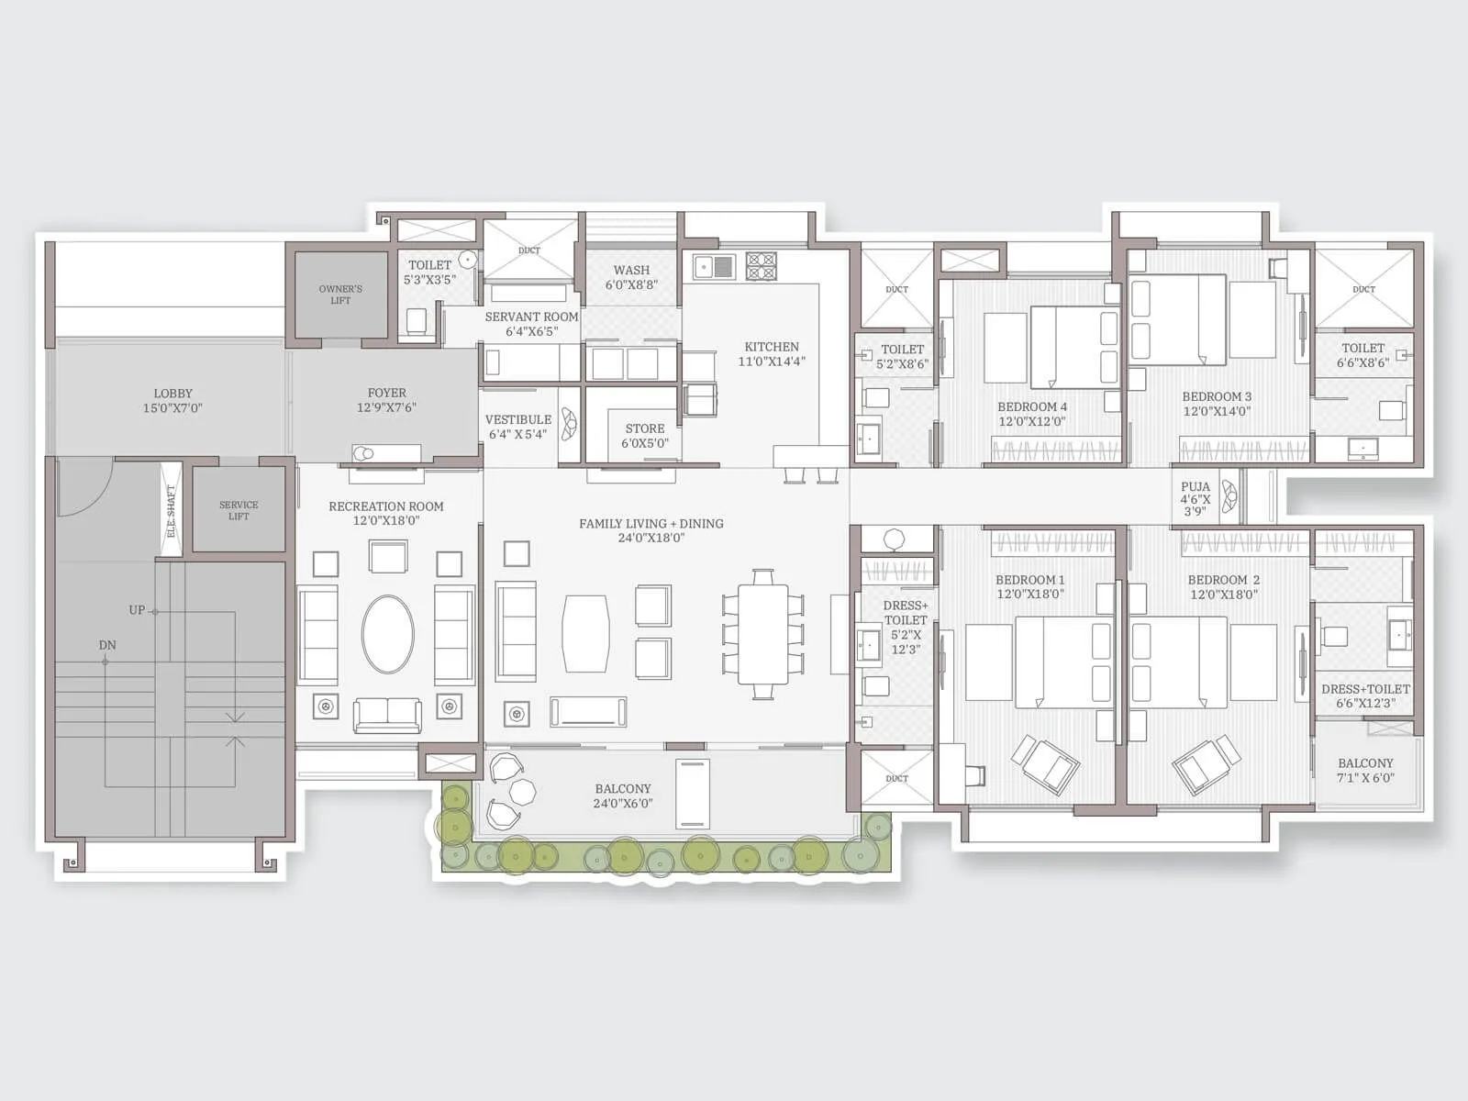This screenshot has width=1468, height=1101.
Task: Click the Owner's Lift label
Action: (x=340, y=295)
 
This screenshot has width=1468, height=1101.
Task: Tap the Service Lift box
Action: (x=239, y=510)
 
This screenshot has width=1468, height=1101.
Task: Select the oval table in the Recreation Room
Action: (x=387, y=634)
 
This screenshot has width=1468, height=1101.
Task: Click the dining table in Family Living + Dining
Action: (x=763, y=634)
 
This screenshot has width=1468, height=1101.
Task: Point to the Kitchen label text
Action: (x=772, y=347)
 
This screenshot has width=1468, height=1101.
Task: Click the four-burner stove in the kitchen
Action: (x=762, y=266)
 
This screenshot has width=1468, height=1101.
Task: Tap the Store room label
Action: (x=645, y=428)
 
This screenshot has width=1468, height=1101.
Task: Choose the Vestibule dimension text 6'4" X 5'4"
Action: (x=517, y=434)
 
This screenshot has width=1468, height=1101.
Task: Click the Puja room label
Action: (x=1196, y=487)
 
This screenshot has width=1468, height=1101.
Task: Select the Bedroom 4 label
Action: (x=1032, y=406)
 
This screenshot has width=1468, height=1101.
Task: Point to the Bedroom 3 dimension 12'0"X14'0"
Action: (x=1217, y=411)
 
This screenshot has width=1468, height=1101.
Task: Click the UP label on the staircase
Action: (x=137, y=610)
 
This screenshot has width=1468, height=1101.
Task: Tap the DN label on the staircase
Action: (x=107, y=645)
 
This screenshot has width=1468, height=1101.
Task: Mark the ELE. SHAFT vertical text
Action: (x=171, y=511)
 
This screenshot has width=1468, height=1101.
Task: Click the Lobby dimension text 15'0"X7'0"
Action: (x=172, y=408)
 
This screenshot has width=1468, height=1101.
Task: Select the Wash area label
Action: (x=631, y=270)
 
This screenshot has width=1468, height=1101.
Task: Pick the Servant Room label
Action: (x=531, y=317)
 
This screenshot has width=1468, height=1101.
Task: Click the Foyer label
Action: (x=386, y=393)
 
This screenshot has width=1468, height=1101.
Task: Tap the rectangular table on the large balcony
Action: (x=692, y=793)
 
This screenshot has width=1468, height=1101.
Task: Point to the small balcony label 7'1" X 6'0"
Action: (x=1365, y=777)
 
